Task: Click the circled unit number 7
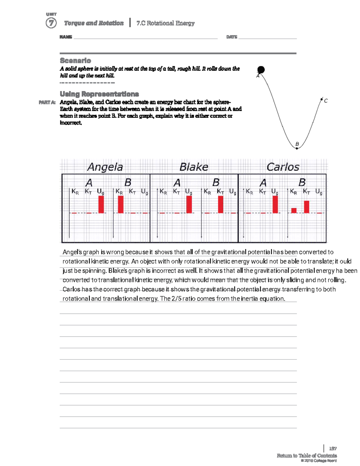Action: tap(51, 23)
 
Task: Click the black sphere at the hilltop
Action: tap(261, 70)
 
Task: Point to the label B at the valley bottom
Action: tap(297, 144)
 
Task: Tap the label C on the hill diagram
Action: tap(326, 101)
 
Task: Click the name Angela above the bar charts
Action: tap(105, 167)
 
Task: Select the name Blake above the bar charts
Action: tap(194, 167)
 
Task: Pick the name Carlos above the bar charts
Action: tap(283, 167)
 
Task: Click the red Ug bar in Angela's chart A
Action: tap(101, 205)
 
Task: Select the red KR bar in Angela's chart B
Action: tap(121, 205)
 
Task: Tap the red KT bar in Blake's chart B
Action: tap(220, 205)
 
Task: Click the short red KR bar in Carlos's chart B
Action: tap(294, 210)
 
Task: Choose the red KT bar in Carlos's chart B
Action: tap(306, 207)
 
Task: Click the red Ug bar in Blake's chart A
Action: tap(189, 205)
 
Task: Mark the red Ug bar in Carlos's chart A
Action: tap(275, 205)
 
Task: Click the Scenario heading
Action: tap(75, 60)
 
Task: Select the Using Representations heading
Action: tap(99, 94)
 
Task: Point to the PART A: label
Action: tap(47, 102)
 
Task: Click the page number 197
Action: tap(333, 449)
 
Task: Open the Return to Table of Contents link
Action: tap(307, 455)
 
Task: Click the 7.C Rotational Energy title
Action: tap(165, 23)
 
